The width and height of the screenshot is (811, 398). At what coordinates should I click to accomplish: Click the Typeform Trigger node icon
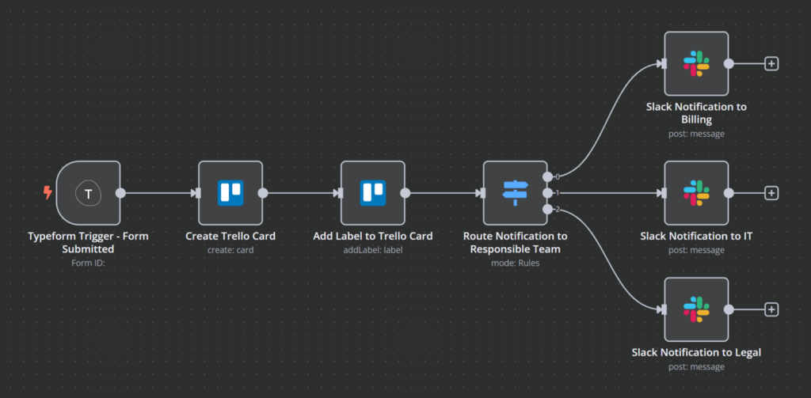click(89, 192)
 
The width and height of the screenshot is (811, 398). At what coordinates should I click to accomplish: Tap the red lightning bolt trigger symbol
click(48, 192)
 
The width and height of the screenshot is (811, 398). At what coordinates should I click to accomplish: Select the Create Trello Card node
click(230, 192)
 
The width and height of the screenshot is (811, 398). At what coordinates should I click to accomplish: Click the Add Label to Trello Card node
click(373, 192)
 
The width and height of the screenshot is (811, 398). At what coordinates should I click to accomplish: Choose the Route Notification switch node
click(515, 192)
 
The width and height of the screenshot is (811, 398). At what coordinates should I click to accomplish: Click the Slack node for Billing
click(696, 63)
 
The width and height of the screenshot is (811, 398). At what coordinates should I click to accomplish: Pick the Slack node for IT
click(696, 192)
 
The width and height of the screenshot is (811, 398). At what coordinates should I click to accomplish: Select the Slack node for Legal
click(696, 309)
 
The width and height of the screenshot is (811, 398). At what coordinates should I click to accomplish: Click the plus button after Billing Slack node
click(771, 63)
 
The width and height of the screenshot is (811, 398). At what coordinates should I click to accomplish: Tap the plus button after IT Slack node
click(771, 192)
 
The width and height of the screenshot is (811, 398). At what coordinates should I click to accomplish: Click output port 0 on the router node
click(547, 176)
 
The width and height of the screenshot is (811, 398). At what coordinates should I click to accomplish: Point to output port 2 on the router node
click(547, 209)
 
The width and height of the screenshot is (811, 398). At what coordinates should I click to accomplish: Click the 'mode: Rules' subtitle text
click(515, 263)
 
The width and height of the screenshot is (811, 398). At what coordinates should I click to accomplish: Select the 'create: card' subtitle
click(230, 250)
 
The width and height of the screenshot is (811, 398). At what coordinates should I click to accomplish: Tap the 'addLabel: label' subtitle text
click(372, 250)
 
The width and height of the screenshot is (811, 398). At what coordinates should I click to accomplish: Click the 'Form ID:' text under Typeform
click(88, 263)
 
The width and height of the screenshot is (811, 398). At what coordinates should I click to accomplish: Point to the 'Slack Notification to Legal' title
click(696, 352)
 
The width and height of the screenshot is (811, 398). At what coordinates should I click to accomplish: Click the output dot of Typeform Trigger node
click(120, 192)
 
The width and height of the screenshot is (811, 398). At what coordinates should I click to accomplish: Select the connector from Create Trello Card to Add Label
click(301, 192)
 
